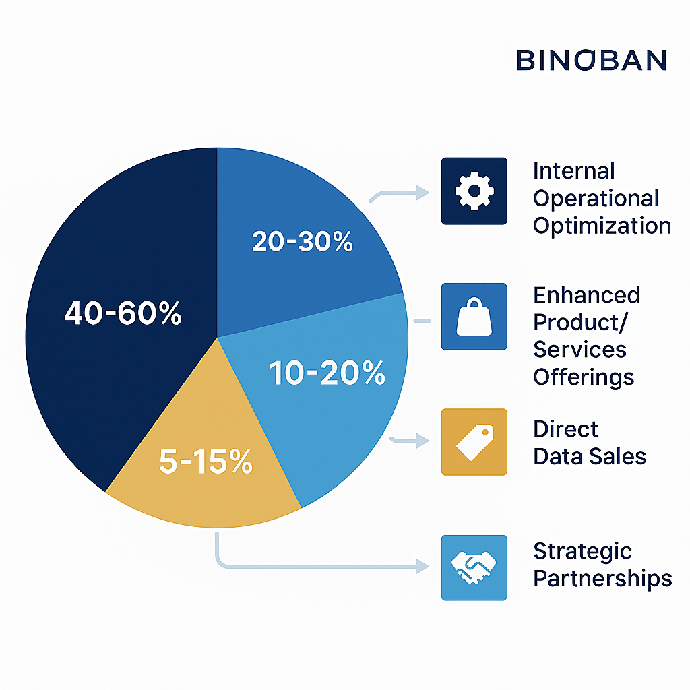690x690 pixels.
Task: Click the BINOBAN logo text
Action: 592,60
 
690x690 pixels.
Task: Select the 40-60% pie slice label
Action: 123,313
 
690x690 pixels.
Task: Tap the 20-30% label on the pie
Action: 303,241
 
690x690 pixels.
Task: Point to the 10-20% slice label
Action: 327,373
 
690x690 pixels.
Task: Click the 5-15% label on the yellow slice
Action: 206,461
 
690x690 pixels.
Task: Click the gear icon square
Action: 474,191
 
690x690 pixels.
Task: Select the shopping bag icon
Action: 474,317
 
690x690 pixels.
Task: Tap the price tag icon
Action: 474,442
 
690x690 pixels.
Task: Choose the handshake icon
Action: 474,567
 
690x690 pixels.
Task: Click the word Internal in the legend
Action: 574,170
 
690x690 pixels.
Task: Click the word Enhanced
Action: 586,295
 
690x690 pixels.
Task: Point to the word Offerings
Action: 584,377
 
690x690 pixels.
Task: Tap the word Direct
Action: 565,429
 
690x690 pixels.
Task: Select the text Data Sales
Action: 589,456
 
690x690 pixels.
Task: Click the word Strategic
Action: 582,553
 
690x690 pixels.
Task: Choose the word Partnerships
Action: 602,579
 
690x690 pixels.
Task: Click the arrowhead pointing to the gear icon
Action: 422,192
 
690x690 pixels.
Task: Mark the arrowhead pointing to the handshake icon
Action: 422,566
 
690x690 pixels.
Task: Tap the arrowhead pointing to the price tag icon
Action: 422,441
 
